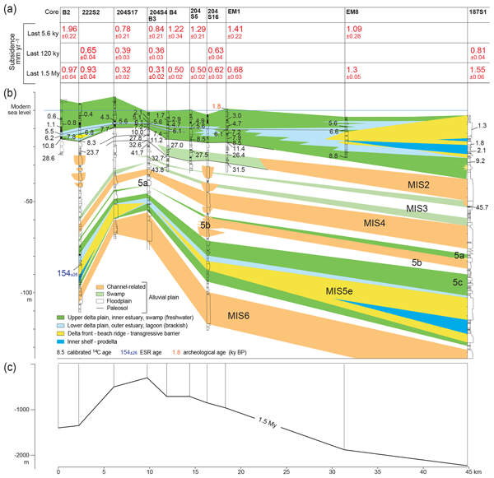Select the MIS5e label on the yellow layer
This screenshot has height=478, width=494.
[x=338, y=290]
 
